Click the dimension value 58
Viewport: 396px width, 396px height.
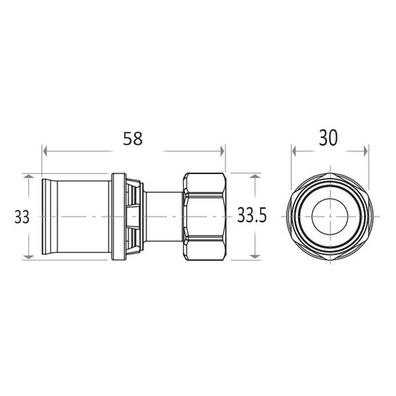133,139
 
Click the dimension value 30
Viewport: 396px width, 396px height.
328,138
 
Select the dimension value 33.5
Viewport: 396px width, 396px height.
252,215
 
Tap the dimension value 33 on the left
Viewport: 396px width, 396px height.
22,217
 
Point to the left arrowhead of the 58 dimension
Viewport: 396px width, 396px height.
45,151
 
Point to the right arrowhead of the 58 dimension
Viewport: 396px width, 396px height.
222,151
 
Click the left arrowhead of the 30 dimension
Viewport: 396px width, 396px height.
294,151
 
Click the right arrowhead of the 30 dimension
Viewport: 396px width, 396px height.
365,151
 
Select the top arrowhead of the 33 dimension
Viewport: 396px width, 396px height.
29,176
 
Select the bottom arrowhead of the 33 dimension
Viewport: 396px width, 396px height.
29,257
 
